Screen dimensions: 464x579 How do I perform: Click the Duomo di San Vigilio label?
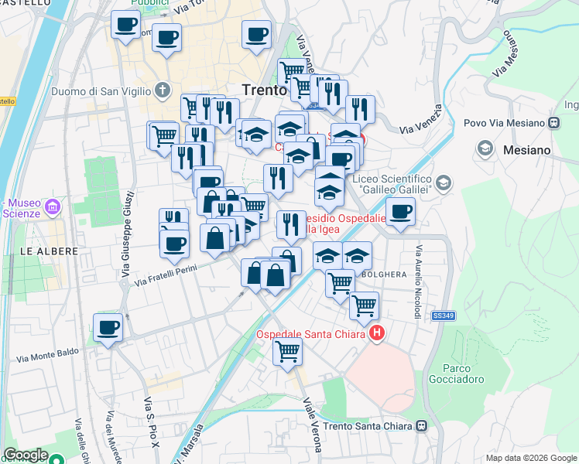point(101,91)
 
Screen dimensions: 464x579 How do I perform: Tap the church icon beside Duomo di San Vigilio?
point(163,90)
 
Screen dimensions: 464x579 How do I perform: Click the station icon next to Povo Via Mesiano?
point(554,122)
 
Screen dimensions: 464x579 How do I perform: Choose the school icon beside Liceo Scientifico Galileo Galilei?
point(444,183)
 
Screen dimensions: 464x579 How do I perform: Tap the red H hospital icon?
point(377,334)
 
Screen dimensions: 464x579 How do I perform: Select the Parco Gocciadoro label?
point(464,374)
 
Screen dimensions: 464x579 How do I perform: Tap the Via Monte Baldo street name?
point(48,355)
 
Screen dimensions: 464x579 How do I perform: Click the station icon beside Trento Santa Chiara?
point(422,426)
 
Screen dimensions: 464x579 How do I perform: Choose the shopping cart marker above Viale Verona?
point(287,352)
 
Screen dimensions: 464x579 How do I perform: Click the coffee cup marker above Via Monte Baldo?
point(108,327)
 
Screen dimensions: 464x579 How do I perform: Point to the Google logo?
point(26,455)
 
